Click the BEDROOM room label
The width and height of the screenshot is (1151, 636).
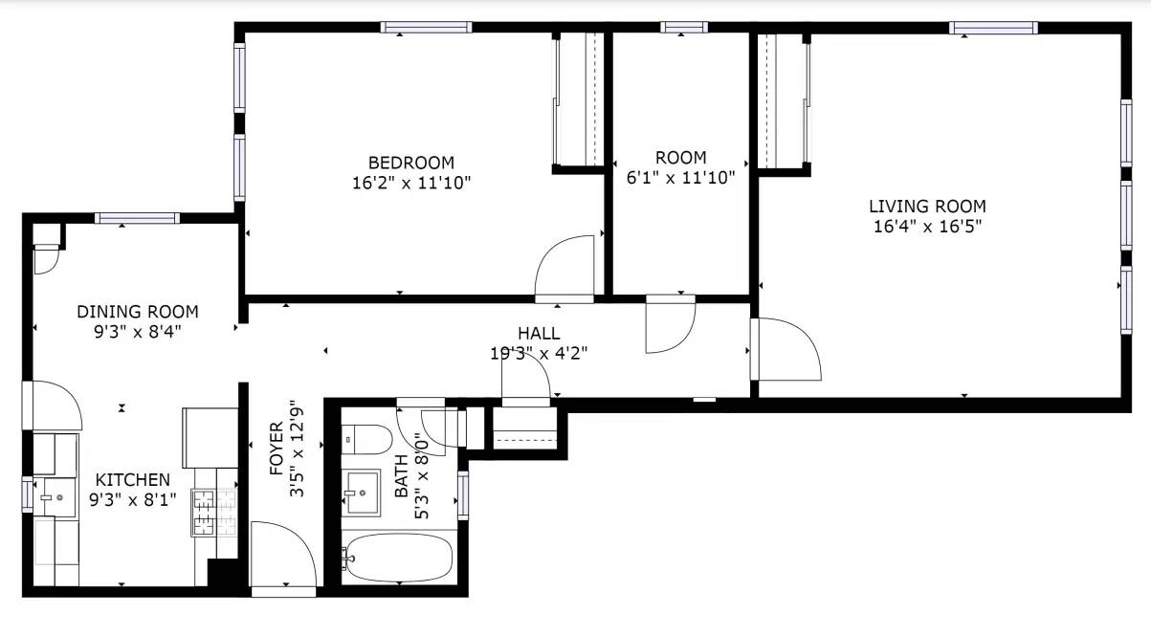411,163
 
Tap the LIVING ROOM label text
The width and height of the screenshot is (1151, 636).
927,207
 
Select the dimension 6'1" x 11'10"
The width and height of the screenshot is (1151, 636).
681,178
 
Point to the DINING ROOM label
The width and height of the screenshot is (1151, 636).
138,312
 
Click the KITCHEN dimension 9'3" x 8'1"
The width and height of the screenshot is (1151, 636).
133,499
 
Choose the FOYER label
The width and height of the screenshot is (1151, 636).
277,449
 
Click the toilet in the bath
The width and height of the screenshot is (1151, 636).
366,439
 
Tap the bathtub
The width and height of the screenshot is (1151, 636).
399,558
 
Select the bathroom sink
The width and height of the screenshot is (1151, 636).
362,493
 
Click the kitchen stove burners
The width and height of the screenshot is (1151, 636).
204,513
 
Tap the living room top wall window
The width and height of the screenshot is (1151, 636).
993,28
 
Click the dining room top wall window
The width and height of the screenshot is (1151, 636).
137,218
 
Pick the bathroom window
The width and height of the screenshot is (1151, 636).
463,495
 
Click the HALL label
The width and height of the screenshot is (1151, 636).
539,334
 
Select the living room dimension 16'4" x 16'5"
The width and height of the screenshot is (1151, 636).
927,227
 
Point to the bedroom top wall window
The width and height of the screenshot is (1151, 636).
426,27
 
